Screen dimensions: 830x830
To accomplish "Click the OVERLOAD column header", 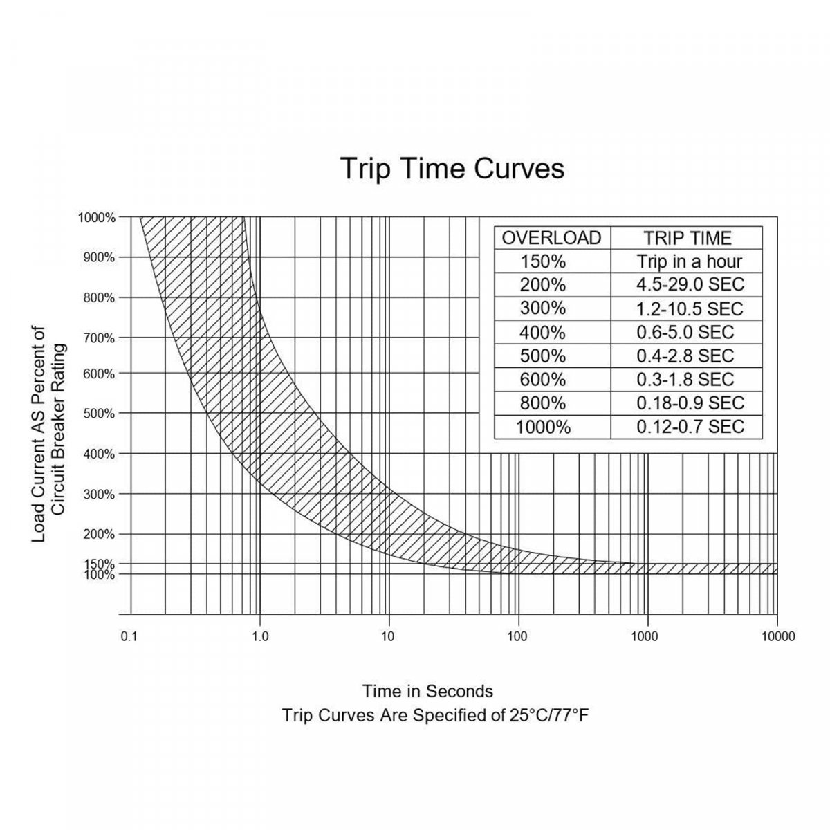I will click(x=551, y=238).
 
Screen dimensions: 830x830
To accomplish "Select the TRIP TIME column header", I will click(x=687, y=238).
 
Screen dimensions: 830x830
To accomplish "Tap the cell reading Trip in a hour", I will click(x=689, y=261).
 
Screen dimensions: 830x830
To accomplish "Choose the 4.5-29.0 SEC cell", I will click(x=690, y=285).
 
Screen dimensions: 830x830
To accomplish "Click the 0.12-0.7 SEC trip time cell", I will click(x=690, y=427).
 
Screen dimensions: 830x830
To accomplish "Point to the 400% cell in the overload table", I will click(x=543, y=332).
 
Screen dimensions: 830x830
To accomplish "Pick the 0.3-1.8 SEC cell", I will click(x=685, y=379).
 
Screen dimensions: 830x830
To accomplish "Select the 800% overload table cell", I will click(x=543, y=403).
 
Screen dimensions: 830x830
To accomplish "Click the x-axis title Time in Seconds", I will click(x=427, y=691).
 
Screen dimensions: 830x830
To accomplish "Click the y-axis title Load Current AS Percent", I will click(x=39, y=434).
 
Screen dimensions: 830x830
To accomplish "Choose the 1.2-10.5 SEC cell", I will click(x=690, y=308).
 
